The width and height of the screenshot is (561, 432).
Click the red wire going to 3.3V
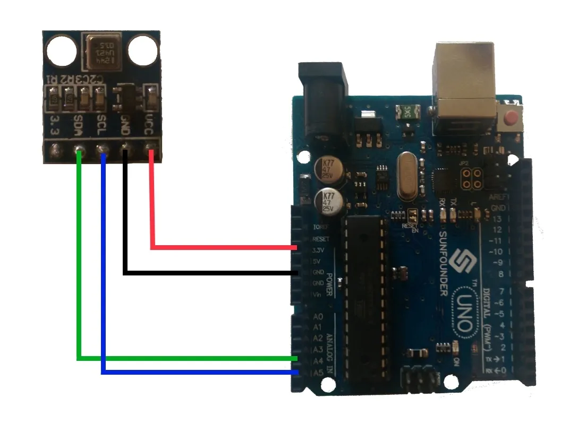coord(223,247)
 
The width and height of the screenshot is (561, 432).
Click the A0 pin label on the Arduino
coord(319,317)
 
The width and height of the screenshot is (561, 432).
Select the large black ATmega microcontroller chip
coord(363,297)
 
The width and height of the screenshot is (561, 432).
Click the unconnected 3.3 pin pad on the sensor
coord(54,152)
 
